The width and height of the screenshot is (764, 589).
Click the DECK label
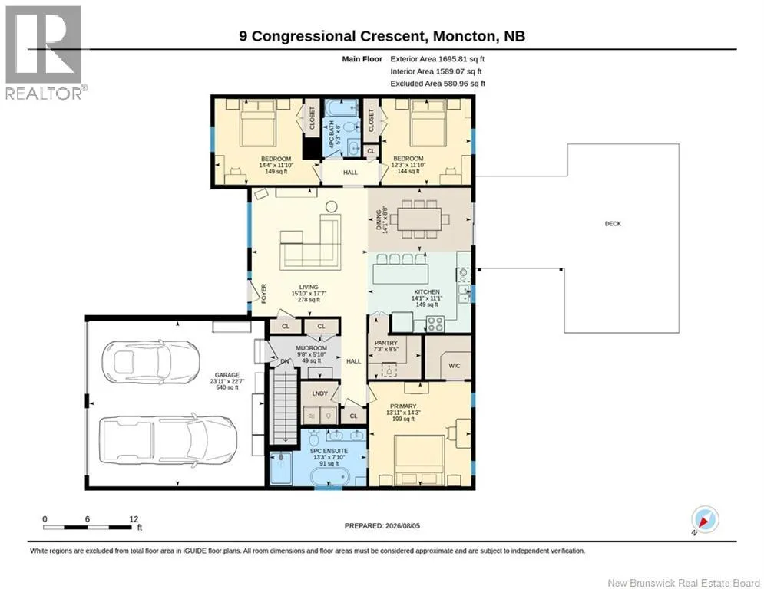click(x=613, y=224)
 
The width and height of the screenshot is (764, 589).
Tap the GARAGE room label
click(x=227, y=375)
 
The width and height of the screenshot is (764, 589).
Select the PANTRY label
click(x=386, y=343)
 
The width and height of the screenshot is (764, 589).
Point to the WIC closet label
click(x=454, y=366)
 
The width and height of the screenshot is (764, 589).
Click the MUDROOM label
click(x=311, y=348)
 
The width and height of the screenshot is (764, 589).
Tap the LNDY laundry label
click(x=319, y=393)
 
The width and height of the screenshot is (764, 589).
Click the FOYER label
click(x=263, y=294)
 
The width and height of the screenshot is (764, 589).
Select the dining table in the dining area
click(x=419, y=219)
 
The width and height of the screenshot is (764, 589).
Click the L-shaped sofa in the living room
click(x=310, y=242)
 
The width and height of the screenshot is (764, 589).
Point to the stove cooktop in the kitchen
click(x=435, y=324)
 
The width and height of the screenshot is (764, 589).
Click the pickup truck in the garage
click(x=169, y=440)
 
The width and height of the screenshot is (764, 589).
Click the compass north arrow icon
click(x=705, y=519)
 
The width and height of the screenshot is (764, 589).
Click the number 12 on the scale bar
click(x=134, y=519)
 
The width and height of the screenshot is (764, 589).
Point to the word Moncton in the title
click(x=465, y=36)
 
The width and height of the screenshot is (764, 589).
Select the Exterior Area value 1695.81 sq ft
click(x=461, y=59)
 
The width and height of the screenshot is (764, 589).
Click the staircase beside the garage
click(x=284, y=406)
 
